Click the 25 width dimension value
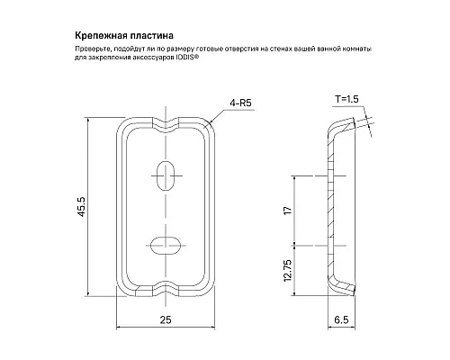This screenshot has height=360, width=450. pyautogui.click(x=167, y=319)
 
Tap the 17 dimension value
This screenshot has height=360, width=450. pyautogui.click(x=287, y=211)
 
